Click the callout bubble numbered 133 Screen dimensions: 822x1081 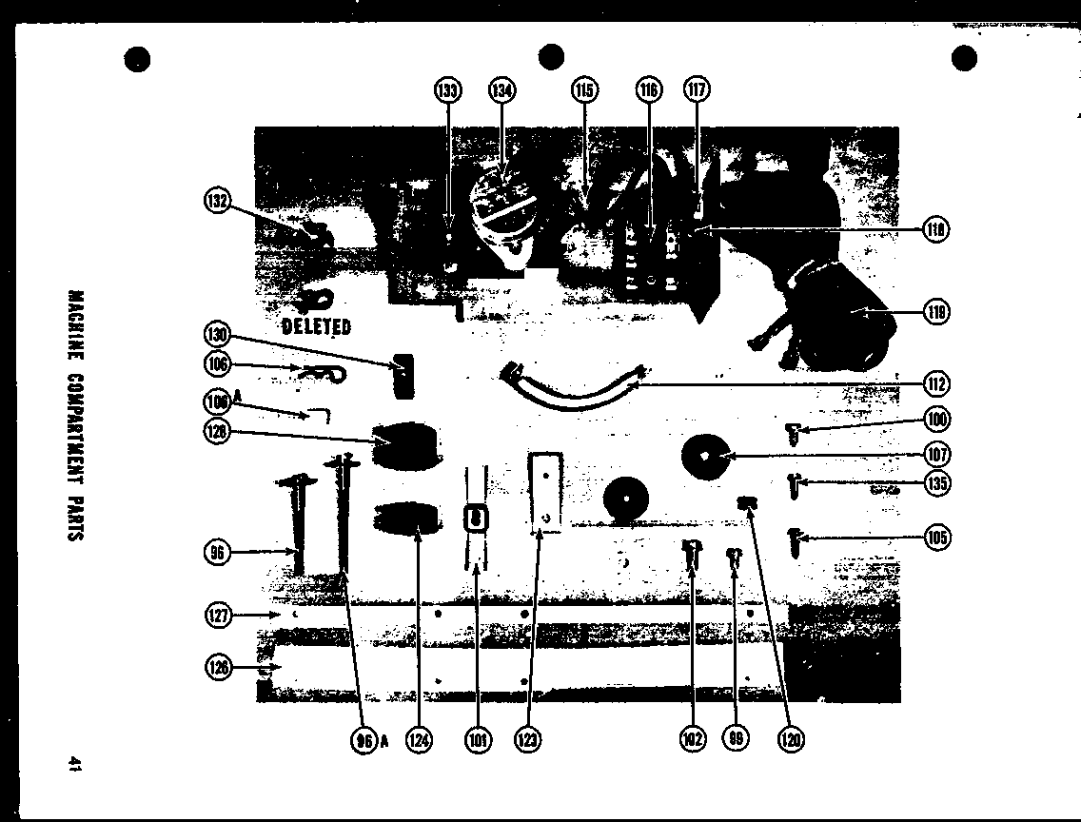pos(447,91)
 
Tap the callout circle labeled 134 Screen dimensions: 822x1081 pos(501,91)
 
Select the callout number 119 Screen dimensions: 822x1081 pos(937,312)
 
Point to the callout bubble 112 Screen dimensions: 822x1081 pos(937,384)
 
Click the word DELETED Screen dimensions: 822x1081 pos(317,327)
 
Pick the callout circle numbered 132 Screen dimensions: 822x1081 pos(218,201)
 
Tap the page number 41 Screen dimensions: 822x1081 pos(74,764)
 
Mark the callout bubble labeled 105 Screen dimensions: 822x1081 pos(937,538)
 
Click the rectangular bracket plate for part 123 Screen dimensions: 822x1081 pos(545,489)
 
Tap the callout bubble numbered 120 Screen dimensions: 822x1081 pos(791,739)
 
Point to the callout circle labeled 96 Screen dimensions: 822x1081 pos(218,552)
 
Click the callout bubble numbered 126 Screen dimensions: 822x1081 pos(218,669)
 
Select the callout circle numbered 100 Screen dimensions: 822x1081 pos(937,420)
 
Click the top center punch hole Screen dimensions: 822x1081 pos(551,56)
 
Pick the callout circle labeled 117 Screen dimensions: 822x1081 pos(697,91)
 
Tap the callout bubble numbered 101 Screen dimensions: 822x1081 pos(477,739)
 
